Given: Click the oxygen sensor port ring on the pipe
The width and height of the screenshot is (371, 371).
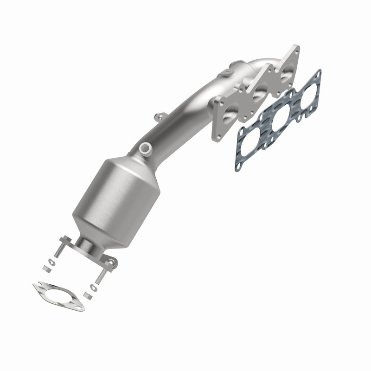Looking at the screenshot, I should coord(146,148).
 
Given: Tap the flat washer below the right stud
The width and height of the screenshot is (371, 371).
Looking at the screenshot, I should coord(94,288).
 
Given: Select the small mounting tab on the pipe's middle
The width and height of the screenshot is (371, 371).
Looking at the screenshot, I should coord(160,115).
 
